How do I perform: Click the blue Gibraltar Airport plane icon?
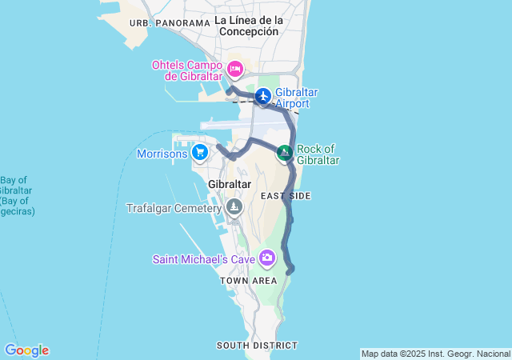[x=262, y=97]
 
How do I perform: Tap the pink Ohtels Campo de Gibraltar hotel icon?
[x=235, y=69]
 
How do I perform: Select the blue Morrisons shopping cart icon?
[x=200, y=150]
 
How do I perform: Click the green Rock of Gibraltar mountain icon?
[x=284, y=152]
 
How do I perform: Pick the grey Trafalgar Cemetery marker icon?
[x=234, y=207]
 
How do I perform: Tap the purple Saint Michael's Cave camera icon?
[x=266, y=258]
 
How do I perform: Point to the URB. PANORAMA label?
[x=169, y=23]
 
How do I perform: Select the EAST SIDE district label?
[x=286, y=196]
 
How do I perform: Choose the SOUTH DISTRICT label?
[x=257, y=346]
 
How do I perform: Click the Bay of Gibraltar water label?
[x=15, y=195]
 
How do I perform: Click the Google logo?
[x=26, y=350]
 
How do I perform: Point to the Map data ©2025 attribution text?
[x=435, y=354]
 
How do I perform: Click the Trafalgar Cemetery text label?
[x=174, y=208]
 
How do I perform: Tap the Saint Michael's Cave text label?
[x=204, y=258]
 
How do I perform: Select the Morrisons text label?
[x=162, y=153]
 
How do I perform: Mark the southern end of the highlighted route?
[x=291, y=270]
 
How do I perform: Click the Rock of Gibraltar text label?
[x=318, y=154]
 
